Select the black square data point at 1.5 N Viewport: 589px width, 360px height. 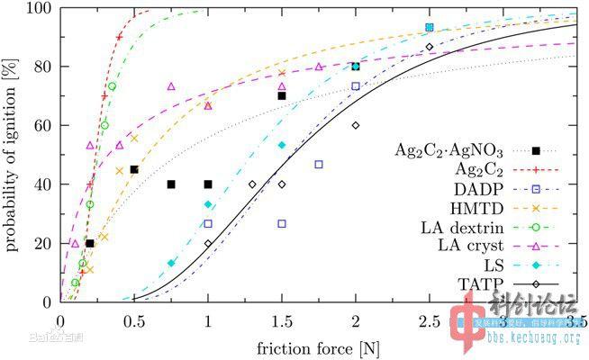tap(282, 95)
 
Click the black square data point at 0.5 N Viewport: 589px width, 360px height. tap(134, 169)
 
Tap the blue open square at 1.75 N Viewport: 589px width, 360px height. tap(319, 165)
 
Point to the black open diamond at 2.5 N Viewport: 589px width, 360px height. tap(430, 47)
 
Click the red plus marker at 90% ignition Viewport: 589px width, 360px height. tap(119, 37)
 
